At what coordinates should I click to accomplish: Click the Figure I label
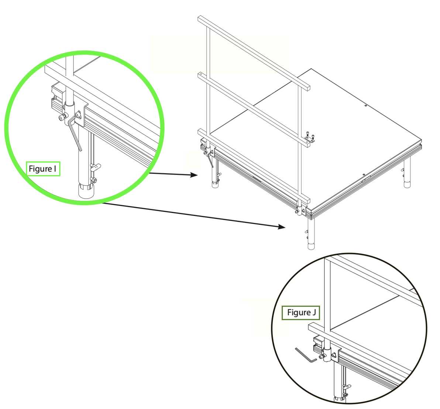(43, 169)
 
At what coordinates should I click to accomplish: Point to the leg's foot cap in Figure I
(86, 191)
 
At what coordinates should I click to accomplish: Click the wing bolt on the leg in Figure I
(95, 168)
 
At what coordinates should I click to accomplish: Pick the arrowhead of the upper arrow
(194, 175)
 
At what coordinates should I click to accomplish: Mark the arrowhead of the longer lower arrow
(281, 227)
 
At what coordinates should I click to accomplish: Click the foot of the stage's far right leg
(407, 184)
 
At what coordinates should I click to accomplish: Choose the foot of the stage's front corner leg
(311, 246)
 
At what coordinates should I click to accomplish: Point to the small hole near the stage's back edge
(366, 106)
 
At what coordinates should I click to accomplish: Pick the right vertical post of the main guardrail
(299, 146)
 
